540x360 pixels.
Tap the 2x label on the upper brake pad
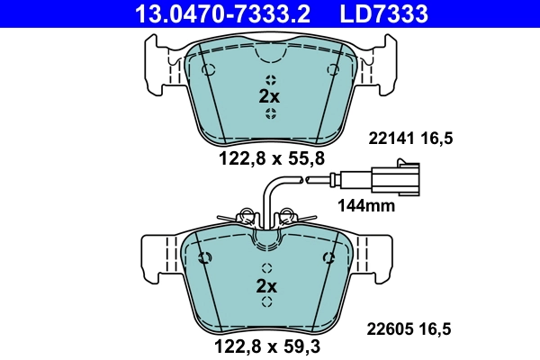click(x=269, y=95)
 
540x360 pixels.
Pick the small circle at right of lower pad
click(x=326, y=258)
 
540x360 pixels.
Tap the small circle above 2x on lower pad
click(x=267, y=267)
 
